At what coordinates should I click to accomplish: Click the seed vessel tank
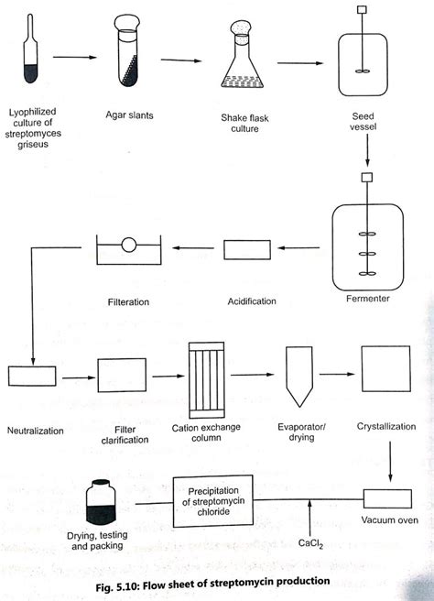tap(360, 65)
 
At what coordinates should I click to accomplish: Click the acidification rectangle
tap(247, 247)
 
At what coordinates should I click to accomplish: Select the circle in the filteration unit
tap(129, 246)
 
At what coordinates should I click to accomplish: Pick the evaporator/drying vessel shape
tap(297, 376)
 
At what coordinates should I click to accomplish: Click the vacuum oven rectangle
tap(389, 500)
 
